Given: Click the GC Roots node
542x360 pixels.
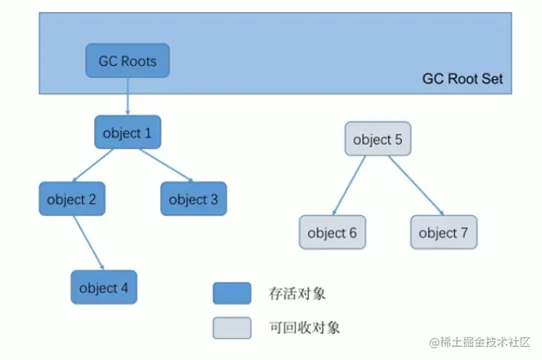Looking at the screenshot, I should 127,61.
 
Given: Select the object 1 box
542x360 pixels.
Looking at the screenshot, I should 127,132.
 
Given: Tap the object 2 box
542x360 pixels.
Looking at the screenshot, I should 71,199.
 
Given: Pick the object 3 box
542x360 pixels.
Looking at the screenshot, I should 193,199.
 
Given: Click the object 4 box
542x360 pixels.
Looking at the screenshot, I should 103,287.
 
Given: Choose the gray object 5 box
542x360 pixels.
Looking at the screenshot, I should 377,139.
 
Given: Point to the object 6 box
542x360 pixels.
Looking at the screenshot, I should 332,232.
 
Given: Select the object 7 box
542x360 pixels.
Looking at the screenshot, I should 443,232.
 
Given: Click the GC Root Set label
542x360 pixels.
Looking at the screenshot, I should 463,79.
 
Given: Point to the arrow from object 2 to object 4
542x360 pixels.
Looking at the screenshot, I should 88,243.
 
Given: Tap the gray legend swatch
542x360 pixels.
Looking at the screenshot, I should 232,327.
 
